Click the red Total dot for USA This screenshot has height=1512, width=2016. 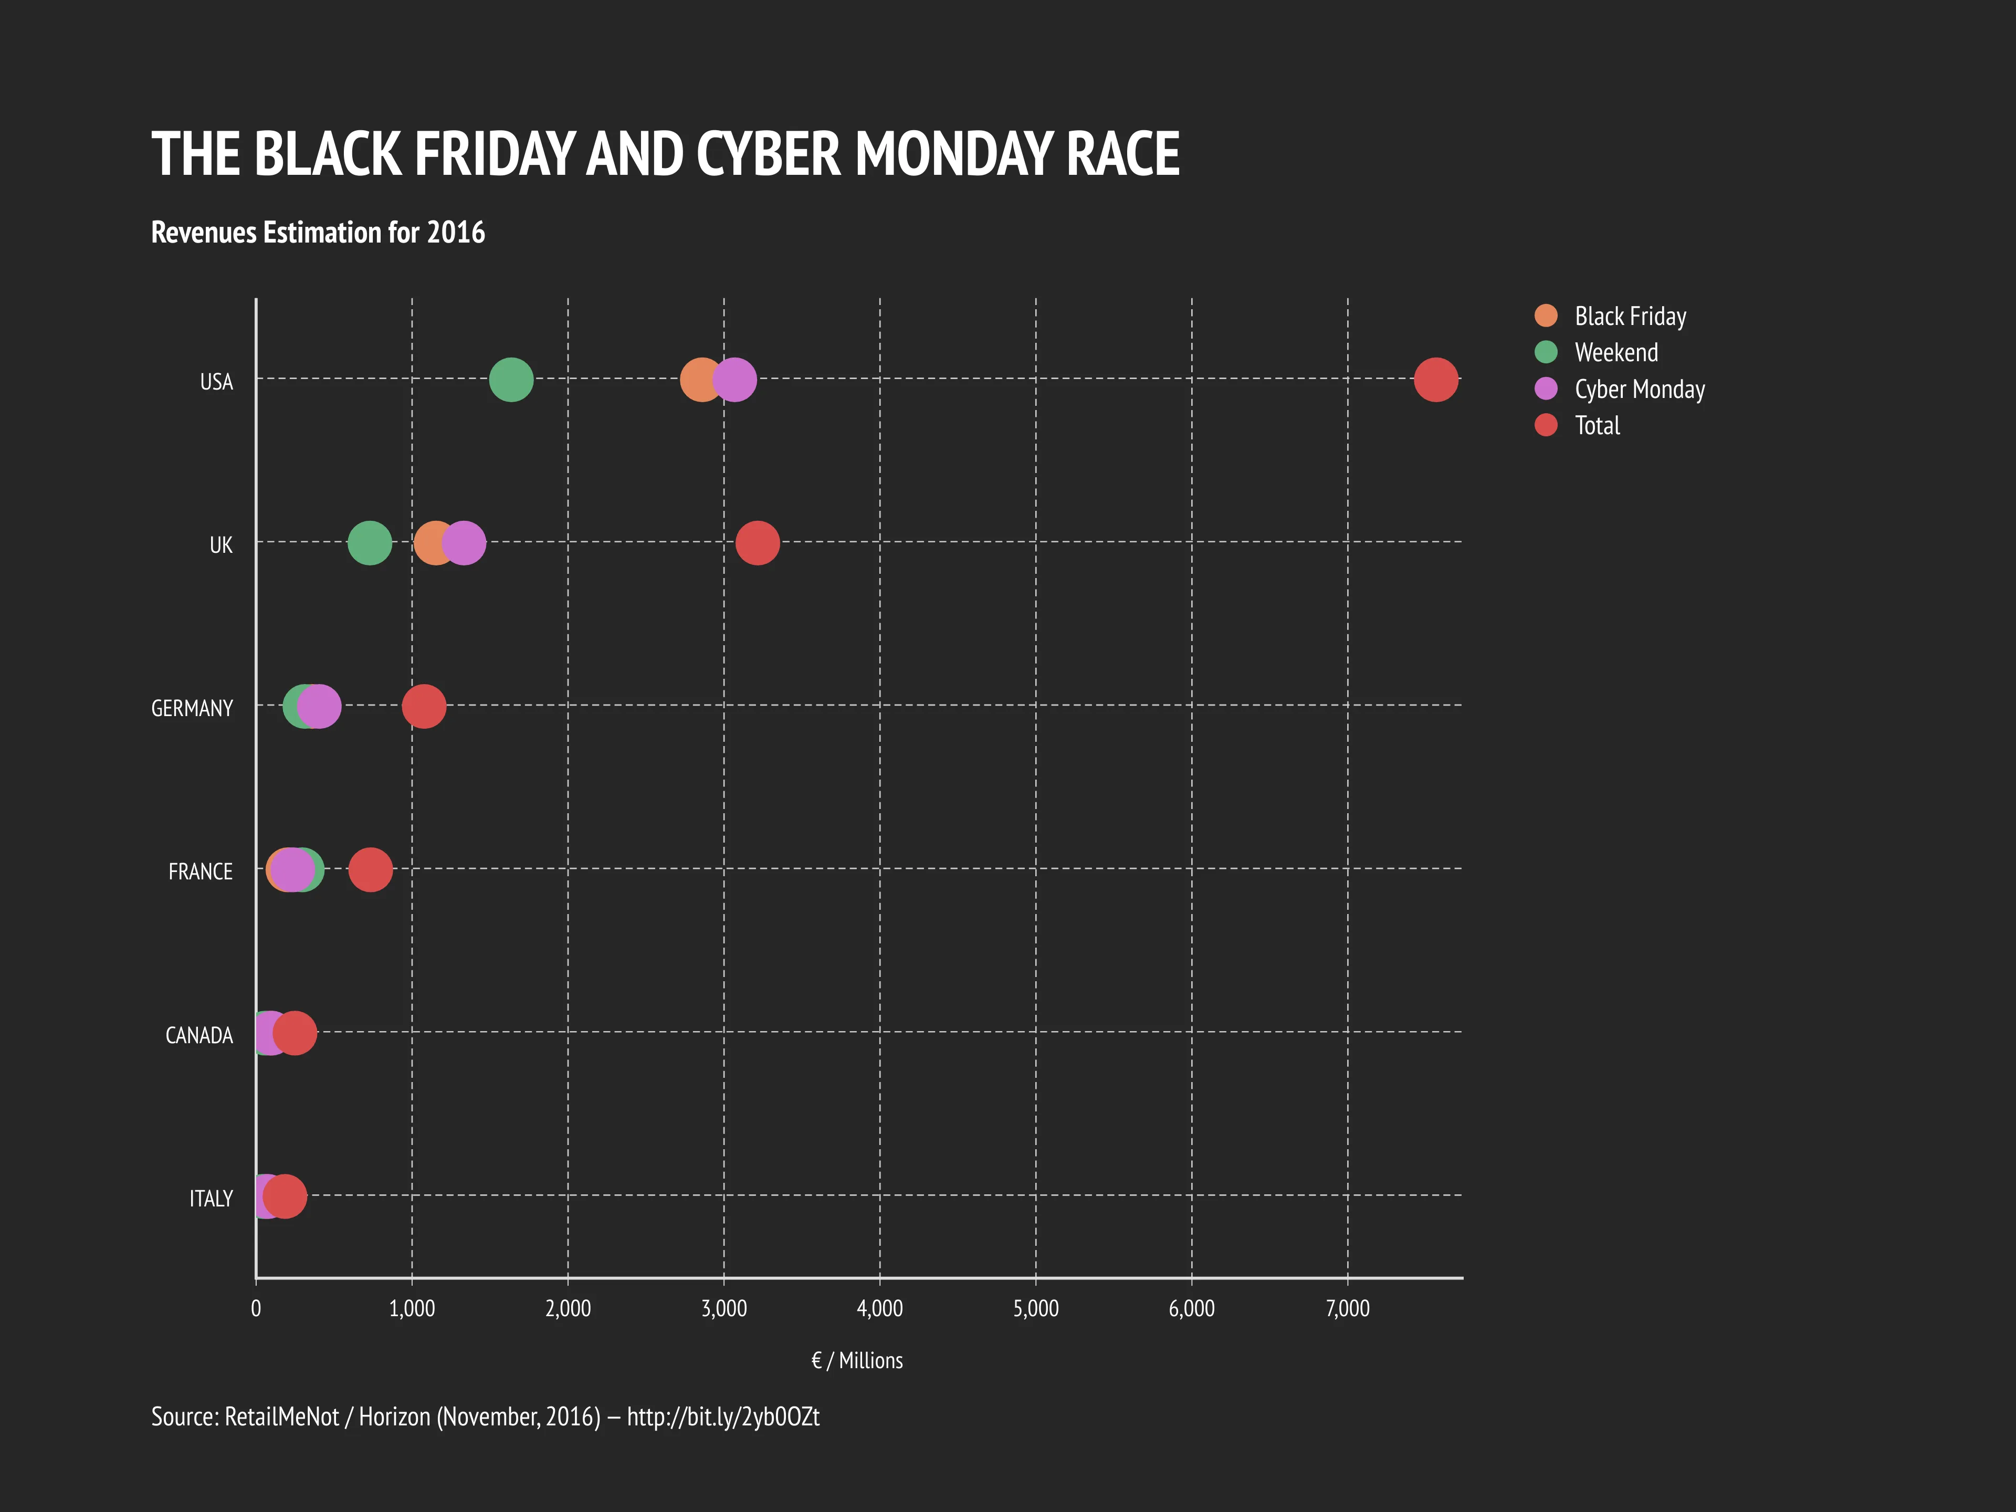[1435, 379]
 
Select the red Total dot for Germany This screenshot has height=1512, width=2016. [424, 706]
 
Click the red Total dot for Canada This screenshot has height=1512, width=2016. [295, 1033]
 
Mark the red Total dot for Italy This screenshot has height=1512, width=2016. [285, 1196]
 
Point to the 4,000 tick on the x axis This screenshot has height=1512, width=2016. [879, 1309]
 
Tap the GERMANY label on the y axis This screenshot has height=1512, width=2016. [192, 708]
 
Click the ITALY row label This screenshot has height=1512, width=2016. [211, 1199]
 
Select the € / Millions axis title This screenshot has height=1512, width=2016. [857, 1361]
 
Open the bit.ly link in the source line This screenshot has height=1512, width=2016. [723, 1416]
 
